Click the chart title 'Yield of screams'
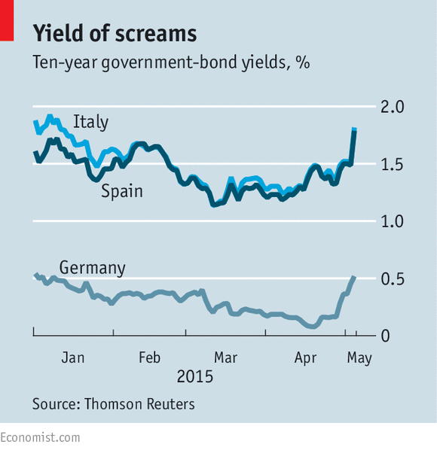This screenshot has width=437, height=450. (115, 33)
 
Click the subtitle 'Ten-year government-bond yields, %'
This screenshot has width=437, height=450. (171, 62)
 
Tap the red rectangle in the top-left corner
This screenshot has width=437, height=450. (7, 20)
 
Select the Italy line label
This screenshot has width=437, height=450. (90, 122)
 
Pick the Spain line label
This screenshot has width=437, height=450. (122, 191)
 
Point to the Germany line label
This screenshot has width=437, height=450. (92, 268)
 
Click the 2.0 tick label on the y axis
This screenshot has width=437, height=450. (393, 107)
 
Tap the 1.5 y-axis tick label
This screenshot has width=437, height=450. (393, 165)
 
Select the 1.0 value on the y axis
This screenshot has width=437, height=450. (393, 221)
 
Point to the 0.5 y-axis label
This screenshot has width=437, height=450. (393, 279)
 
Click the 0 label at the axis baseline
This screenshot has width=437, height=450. (385, 336)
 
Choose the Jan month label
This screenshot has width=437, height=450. (73, 358)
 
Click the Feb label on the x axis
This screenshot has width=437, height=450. (149, 358)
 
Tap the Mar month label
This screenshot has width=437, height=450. (225, 358)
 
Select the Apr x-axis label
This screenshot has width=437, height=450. (305, 358)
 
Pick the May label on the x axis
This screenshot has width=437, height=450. (359, 358)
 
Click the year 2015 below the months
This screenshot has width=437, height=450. (195, 376)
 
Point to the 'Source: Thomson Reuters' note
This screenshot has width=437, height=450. (114, 404)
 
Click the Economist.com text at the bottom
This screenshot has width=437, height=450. (40, 438)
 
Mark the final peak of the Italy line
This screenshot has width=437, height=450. (354, 129)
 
